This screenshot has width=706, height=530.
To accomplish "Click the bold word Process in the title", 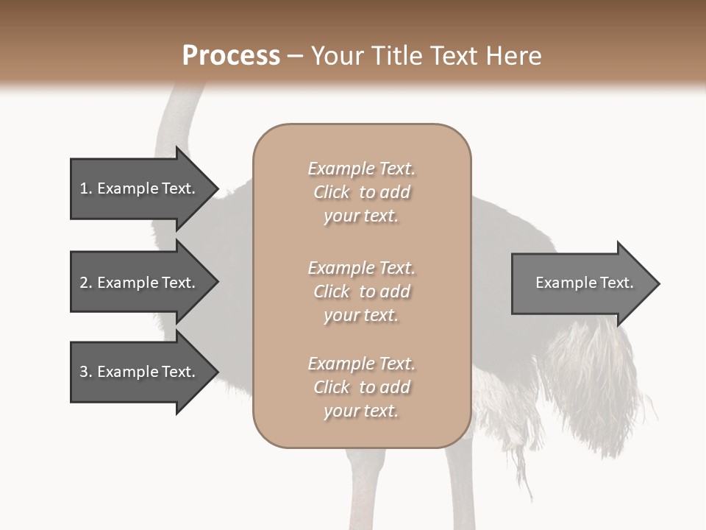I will point(231,56).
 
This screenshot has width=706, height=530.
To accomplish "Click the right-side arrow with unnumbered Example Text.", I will point(581,283).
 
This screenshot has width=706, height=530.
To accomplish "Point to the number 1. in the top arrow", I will point(86,189).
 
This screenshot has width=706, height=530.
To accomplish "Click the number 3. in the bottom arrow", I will point(86,372).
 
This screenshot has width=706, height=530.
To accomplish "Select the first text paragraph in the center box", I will point(361,192).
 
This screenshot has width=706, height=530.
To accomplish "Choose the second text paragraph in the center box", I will point(361,291).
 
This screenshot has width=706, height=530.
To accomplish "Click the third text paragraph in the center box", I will point(361,387).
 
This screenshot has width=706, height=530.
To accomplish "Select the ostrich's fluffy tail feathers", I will point(588,383).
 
